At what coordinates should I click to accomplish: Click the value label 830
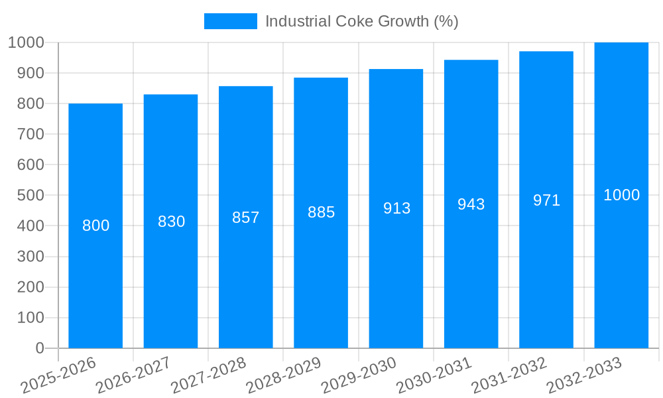point(171,222)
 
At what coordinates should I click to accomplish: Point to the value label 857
point(246,218)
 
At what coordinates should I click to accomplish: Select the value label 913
point(396,208)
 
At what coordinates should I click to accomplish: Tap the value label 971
point(546,200)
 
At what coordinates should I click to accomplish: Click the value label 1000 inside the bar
point(621,195)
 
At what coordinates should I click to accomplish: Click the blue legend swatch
point(230,21)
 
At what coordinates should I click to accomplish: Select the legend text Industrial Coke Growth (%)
point(361,21)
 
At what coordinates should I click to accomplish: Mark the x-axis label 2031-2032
point(509,375)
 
